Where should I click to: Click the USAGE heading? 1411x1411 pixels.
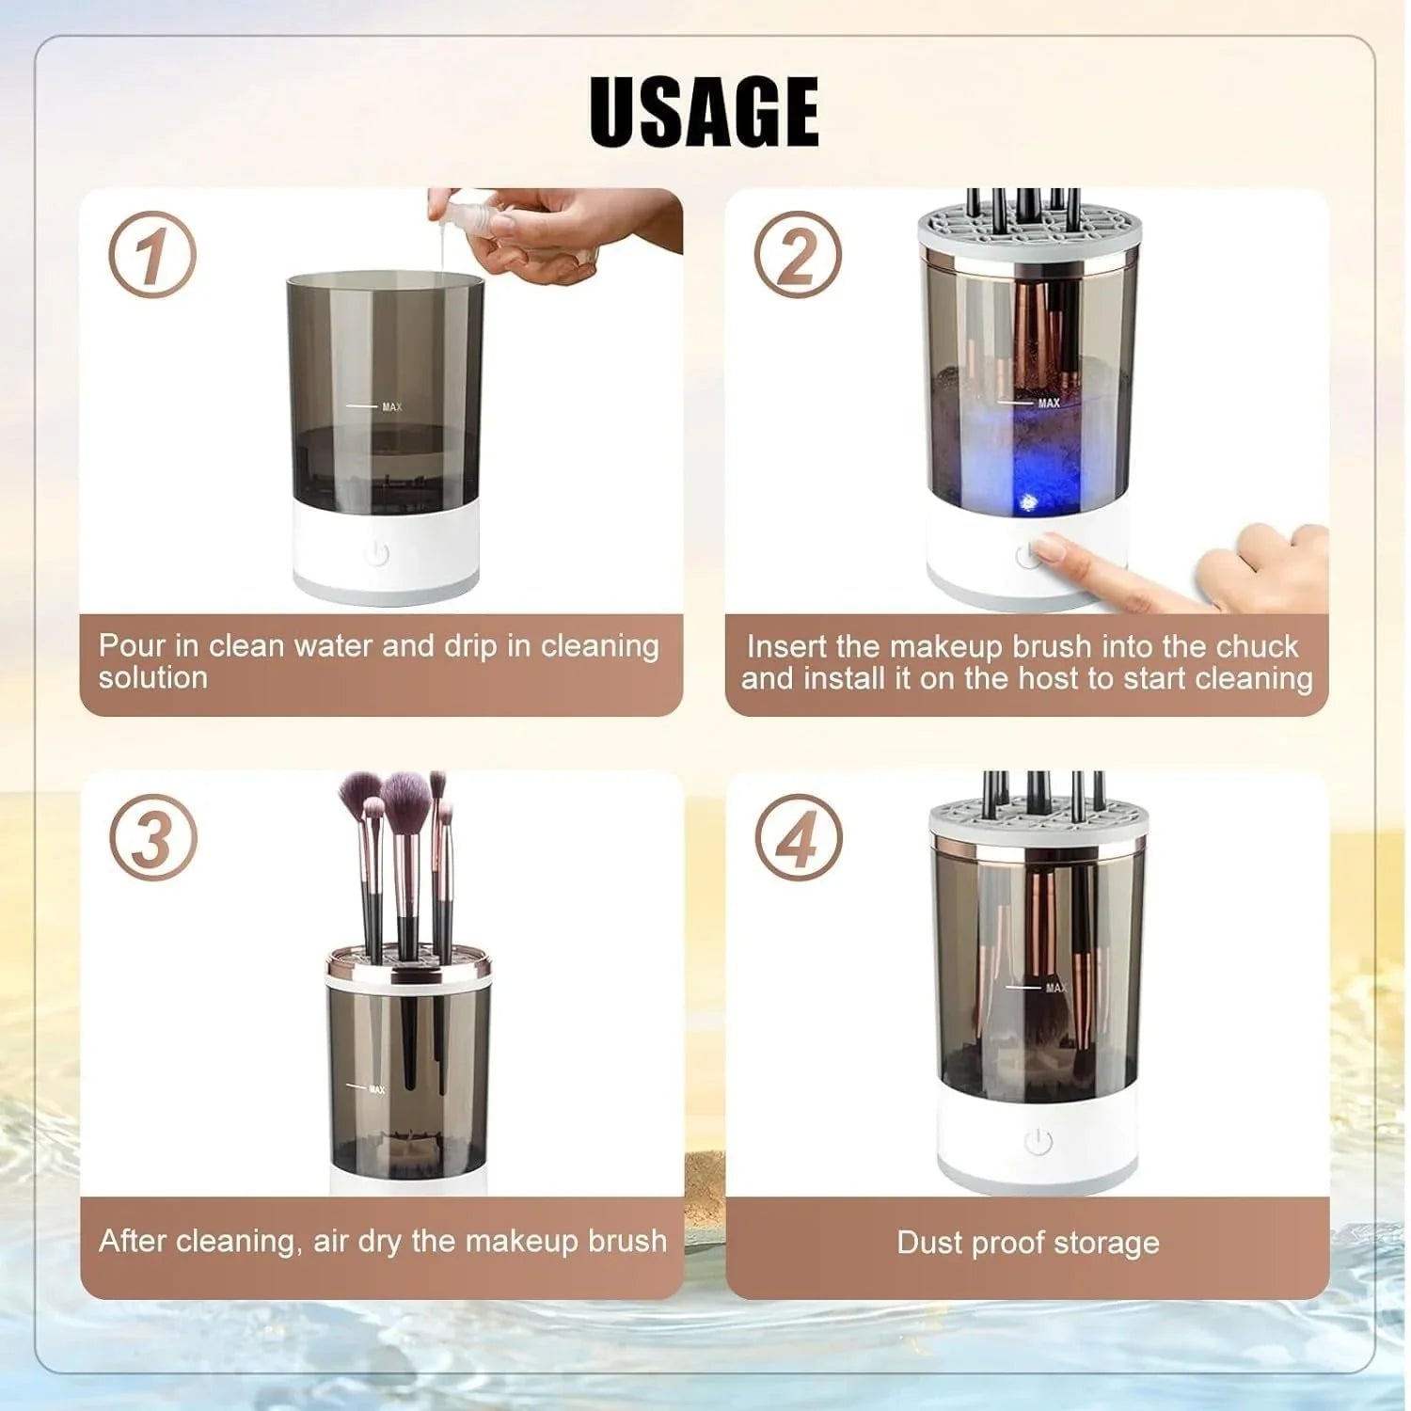point(704,111)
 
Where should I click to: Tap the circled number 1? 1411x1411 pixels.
point(151,255)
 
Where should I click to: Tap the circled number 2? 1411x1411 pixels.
point(797,255)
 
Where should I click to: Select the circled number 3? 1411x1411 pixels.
point(152,836)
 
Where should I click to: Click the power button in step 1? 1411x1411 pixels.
point(376,554)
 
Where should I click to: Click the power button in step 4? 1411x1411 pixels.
point(1038,1142)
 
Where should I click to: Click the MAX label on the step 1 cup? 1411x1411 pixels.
point(391,407)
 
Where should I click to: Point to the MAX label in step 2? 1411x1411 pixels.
point(1048,404)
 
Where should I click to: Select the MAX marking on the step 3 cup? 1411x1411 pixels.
point(376,1089)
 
